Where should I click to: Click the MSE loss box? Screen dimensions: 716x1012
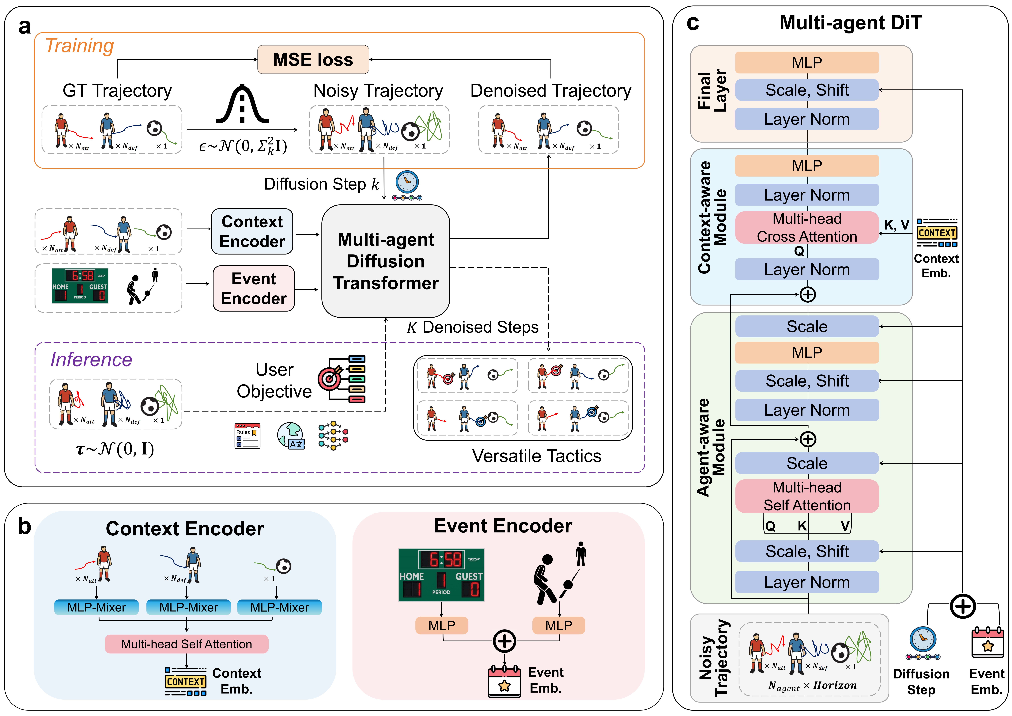pos(313,59)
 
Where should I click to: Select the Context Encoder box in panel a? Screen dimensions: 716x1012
pos(252,232)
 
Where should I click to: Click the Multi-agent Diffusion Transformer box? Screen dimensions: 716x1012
pos(386,261)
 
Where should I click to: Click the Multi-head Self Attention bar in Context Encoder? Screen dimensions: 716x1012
pos(186,644)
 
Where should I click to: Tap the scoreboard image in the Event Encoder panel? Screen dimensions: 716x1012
pos(441,575)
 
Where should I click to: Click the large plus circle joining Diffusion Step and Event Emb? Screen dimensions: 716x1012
pos(963,607)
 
